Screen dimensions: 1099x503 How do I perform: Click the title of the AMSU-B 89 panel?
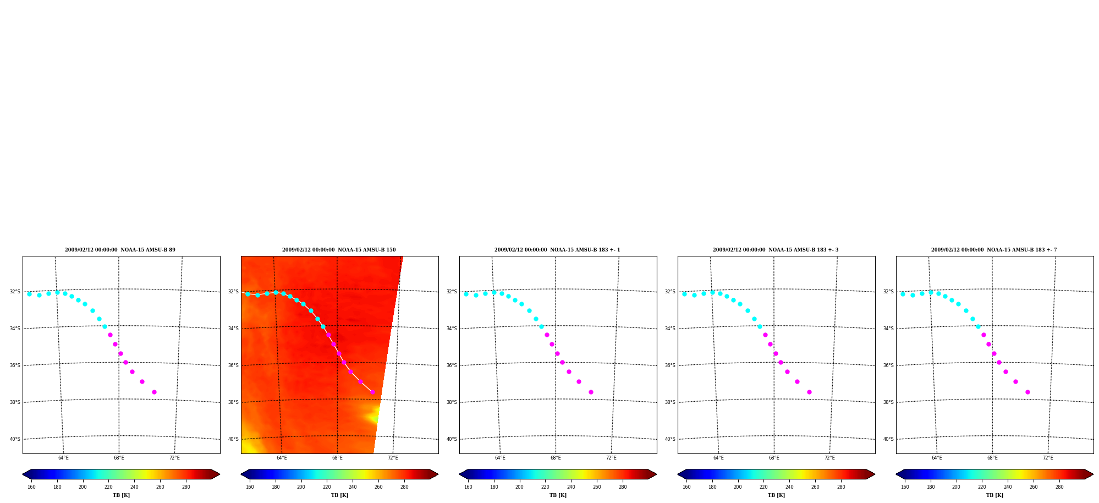coord(120,250)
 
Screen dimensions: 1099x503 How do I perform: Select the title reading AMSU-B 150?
coord(339,250)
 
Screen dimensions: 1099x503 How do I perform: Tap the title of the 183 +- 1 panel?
coord(557,250)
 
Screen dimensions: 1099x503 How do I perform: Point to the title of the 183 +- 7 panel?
coord(994,250)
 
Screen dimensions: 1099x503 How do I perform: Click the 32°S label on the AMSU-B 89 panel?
coord(15,292)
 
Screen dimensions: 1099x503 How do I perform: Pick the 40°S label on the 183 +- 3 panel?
coord(670,439)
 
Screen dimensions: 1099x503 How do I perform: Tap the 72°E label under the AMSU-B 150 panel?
coord(393,458)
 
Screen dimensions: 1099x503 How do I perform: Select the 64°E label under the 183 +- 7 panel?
coord(937,458)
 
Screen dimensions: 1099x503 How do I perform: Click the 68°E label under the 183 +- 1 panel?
coord(556,458)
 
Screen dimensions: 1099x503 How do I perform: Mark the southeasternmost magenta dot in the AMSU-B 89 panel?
coord(154,392)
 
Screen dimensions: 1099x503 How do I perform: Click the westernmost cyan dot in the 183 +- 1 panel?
coord(466,294)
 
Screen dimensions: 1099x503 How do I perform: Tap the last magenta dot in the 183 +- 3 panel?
coord(809,392)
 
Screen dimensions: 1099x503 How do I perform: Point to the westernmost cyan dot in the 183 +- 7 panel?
coord(903,294)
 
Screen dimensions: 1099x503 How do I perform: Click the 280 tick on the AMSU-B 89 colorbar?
coord(186,487)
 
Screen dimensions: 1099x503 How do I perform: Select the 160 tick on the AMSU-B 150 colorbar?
coord(250,487)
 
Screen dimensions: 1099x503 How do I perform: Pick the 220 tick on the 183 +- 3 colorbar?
coord(763,487)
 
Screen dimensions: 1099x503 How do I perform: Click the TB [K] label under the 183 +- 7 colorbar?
coord(994,495)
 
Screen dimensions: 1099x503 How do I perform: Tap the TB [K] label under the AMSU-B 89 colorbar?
coord(121,495)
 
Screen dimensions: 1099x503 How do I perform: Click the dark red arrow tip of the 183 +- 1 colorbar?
coord(656,474)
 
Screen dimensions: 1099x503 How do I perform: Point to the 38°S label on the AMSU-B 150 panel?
coord(233,402)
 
